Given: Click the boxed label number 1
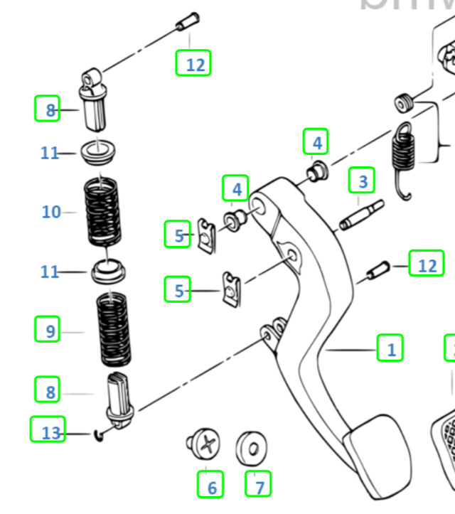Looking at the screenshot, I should (390, 349).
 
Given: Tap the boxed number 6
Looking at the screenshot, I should (211, 486).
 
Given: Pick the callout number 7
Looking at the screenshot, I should (259, 486).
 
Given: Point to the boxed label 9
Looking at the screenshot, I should (48, 331).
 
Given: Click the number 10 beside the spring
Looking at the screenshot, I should (51, 212).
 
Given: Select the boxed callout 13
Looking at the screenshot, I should (48, 431).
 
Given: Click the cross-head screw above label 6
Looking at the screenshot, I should (205, 445).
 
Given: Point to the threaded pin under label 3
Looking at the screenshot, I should (361, 215).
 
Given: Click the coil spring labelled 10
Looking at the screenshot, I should (105, 211).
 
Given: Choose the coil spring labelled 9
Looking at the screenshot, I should (114, 328).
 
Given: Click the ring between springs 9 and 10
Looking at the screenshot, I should (108, 271).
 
